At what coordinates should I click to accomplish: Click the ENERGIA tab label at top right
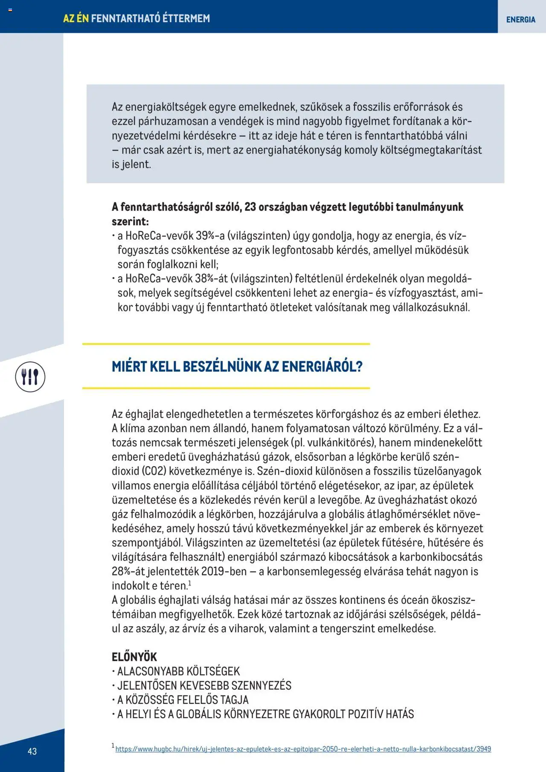coord(520,20)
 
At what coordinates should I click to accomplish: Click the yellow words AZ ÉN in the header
coord(76,18)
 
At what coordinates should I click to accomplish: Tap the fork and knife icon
coord(30,377)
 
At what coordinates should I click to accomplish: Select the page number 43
coord(32,751)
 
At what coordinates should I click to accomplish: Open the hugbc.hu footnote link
coord(303,749)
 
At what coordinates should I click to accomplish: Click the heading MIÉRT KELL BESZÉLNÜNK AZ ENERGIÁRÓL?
coord(237,366)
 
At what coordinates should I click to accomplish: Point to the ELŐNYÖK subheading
coord(134,656)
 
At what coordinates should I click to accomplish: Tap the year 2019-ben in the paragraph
coord(224,571)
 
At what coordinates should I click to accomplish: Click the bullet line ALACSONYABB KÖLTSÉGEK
coord(178,671)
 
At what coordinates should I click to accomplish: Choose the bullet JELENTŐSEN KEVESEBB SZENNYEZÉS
coord(204,685)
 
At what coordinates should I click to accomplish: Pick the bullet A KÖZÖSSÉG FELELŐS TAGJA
coord(183,699)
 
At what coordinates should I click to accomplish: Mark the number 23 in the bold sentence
coord(250,207)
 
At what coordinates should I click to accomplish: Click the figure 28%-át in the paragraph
coord(128,571)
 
